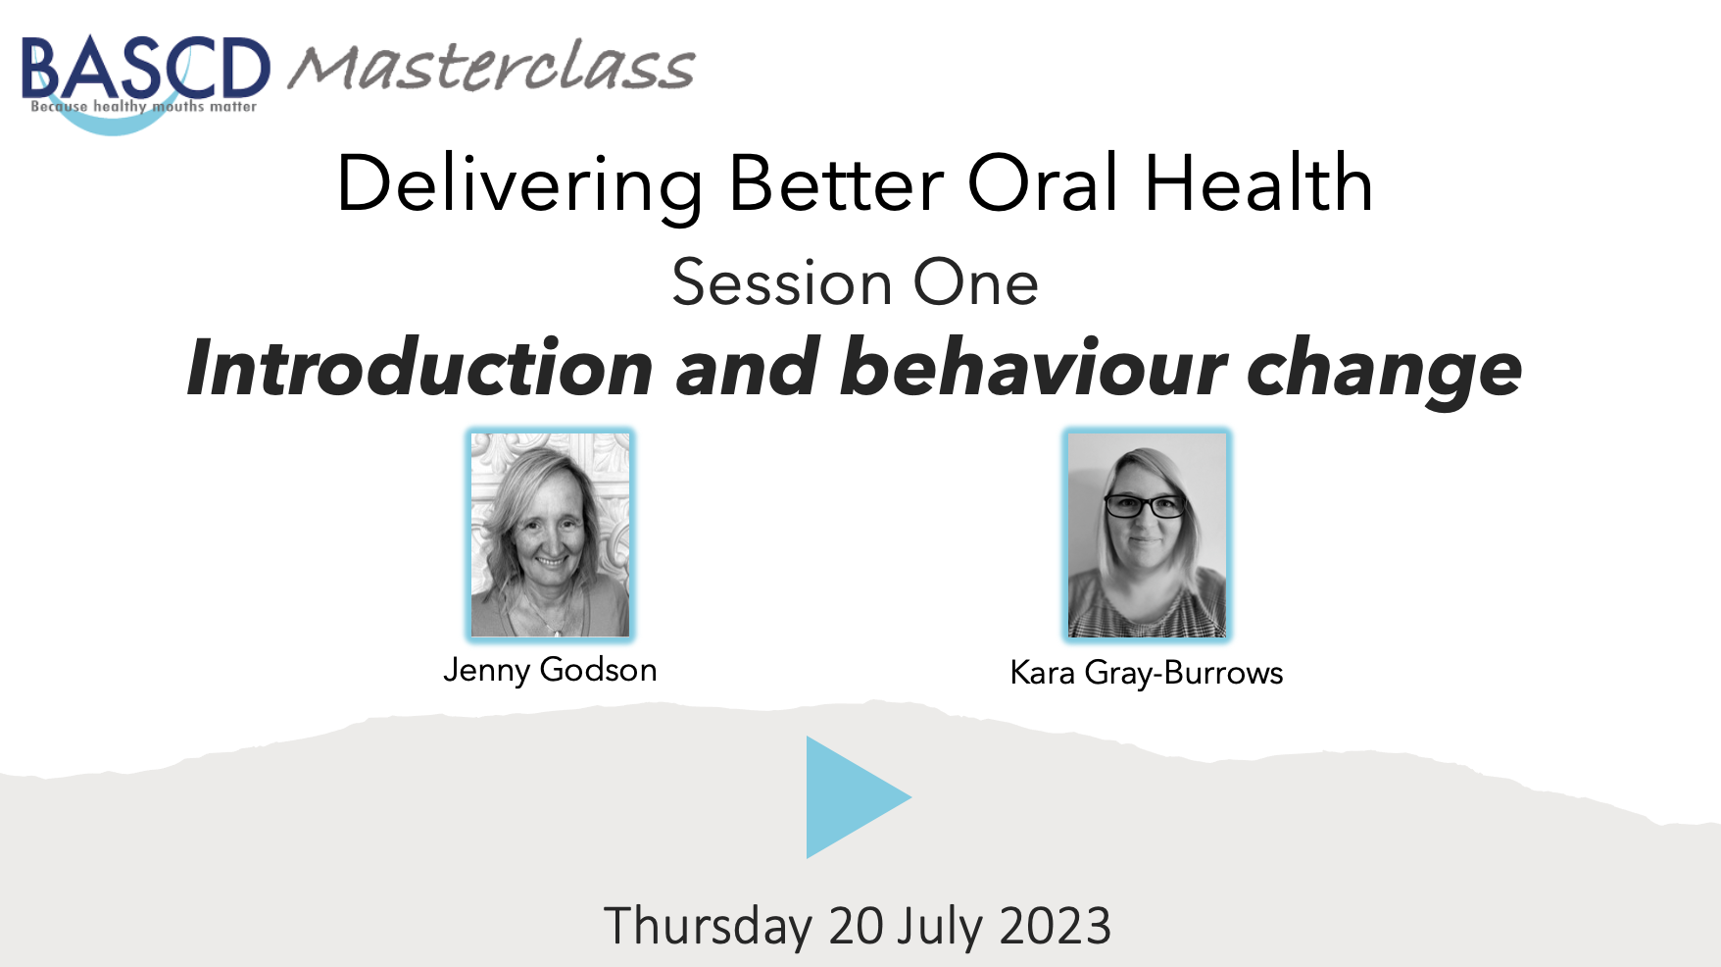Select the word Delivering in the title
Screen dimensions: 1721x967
pos(519,184)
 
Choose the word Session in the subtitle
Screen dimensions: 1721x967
pos(782,282)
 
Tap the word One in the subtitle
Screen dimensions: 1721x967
pos(975,282)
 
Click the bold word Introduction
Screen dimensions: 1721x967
pos(420,368)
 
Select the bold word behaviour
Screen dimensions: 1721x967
pos(1033,368)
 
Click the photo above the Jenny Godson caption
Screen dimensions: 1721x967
pos(550,534)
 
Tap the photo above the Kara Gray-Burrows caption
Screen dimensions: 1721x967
pos(1146,534)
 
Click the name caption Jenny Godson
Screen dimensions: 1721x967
pos(550,670)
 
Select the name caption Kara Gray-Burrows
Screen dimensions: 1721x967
pos(1147,673)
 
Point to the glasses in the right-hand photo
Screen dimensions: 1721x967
pos(1145,506)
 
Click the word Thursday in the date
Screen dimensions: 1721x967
pos(708,926)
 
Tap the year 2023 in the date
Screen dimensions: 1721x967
pos(1056,926)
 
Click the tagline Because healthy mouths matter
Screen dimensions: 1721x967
pos(143,106)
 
